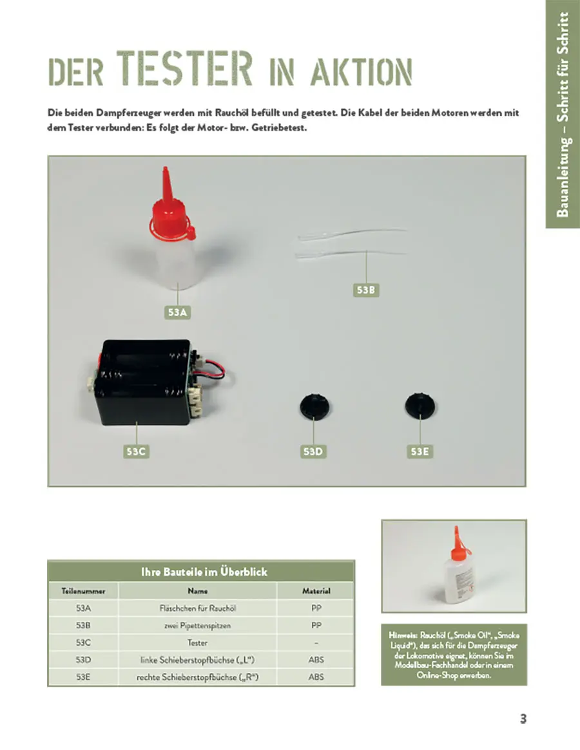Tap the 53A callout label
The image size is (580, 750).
tap(177, 313)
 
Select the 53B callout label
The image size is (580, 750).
tap(365, 290)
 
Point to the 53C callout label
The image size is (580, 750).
tap(137, 452)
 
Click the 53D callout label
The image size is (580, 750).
tap(313, 452)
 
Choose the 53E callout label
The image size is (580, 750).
tap(420, 452)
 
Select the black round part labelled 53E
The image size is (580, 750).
tap(420, 404)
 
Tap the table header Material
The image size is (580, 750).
tap(316, 590)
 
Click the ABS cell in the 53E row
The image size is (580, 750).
tap(316, 677)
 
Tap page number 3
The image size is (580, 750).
tap(523, 719)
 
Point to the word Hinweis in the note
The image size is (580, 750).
tap(400, 635)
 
